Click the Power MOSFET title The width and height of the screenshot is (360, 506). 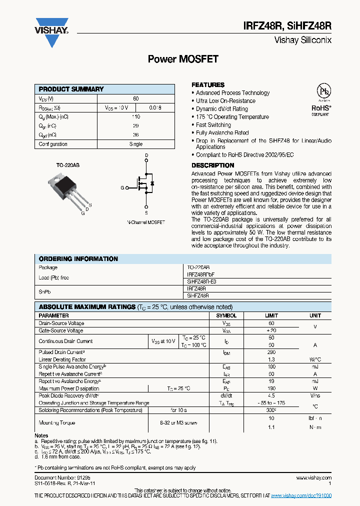point(183,59)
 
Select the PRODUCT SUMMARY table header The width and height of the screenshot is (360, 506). point(71,89)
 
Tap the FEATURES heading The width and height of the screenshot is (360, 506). point(208,85)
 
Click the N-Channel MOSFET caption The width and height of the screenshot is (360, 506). point(145,222)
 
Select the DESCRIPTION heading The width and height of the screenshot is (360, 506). point(212,165)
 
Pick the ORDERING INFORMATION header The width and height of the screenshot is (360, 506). point(78,259)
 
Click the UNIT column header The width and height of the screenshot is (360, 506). point(315,316)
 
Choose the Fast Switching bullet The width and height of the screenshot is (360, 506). point(213,125)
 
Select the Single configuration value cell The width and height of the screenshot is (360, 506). point(135,144)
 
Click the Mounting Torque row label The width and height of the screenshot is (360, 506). point(57,423)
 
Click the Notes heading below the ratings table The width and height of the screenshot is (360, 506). point(41,436)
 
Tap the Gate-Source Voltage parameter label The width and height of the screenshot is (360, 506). point(61,330)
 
